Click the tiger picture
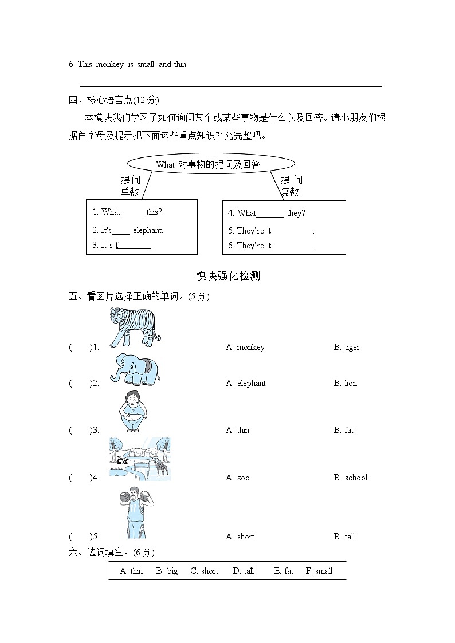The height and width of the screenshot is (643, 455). coord(135,328)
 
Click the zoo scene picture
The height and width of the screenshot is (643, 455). coord(140,458)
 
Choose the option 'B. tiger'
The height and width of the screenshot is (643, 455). coord(347,347)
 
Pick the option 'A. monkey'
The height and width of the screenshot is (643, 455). coord(245,347)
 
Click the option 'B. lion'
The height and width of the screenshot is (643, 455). coord(346,383)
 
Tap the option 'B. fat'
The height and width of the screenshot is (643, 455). coord(344,430)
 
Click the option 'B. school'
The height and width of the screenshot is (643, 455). coord(351,478)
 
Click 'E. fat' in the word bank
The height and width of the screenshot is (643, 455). coord(284,571)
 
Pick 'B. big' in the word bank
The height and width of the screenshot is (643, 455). coord(167,571)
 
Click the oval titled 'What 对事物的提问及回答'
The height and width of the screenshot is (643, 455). coord(210,164)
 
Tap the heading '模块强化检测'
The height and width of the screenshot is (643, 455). coord(228,276)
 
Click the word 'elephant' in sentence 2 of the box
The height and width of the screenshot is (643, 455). coord(148,230)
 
